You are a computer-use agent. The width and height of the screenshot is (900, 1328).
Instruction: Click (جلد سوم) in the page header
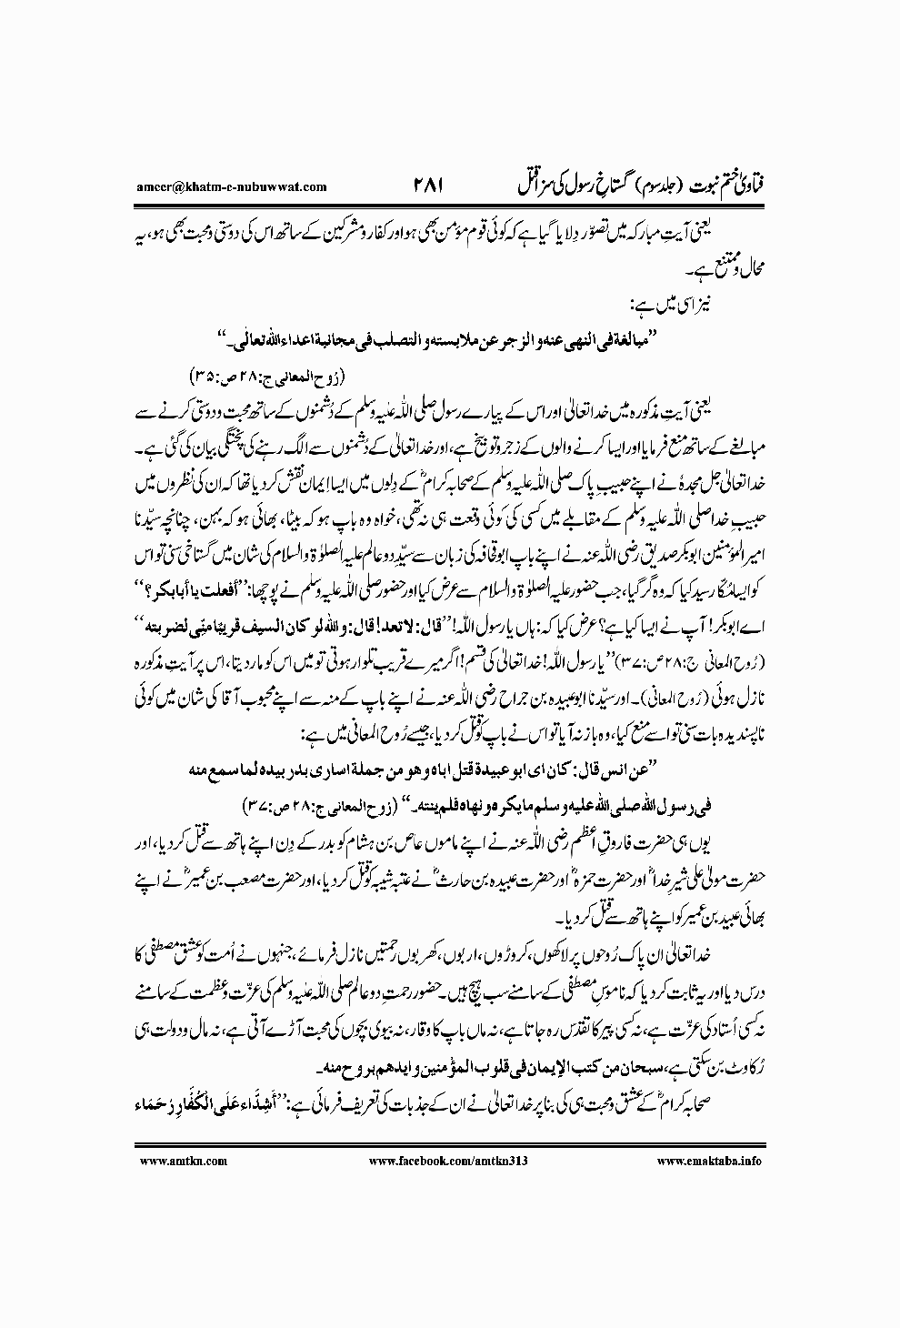coord(638,161)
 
